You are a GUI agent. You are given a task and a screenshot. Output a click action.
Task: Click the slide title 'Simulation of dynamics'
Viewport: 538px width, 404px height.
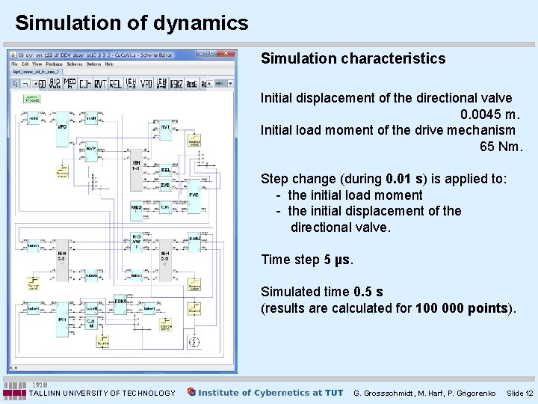[x=132, y=23]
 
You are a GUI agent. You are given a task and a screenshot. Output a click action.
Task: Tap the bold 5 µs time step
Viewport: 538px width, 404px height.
[x=337, y=260]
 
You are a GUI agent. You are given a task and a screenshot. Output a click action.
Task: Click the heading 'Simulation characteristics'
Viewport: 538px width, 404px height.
[x=353, y=58]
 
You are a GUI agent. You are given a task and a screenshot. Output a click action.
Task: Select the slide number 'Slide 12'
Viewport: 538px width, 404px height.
[x=519, y=393]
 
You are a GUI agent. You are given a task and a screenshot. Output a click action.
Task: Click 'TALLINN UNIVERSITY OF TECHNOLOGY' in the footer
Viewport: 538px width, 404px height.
[x=102, y=393]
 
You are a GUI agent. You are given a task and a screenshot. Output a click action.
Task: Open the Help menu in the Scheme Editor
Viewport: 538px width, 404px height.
[x=109, y=64]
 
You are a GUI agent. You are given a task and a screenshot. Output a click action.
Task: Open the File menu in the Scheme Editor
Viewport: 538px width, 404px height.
[x=14, y=64]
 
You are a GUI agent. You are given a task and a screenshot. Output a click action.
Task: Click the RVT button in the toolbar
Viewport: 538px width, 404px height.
[x=99, y=84]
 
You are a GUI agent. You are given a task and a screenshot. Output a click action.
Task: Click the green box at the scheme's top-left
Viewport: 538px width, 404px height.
[x=32, y=99]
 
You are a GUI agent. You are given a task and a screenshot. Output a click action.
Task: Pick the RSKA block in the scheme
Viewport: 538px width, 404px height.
[x=120, y=302]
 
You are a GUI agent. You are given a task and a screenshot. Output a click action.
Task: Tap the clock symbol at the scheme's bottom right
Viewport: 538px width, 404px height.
[x=194, y=342]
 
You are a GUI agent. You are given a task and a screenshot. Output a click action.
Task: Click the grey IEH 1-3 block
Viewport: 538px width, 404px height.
[x=136, y=166]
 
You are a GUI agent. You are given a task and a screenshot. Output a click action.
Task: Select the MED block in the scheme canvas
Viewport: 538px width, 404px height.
[x=136, y=209]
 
